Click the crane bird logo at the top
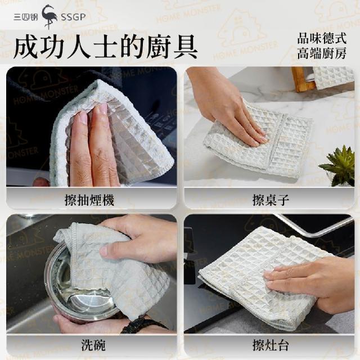click(49, 16)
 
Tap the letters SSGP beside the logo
click(73, 17)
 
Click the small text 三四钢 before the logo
click(25, 17)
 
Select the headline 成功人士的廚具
click(106, 47)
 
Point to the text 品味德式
click(322, 38)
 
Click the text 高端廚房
click(322, 53)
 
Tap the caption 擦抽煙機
click(89, 200)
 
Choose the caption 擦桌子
click(271, 200)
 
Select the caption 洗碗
click(93, 345)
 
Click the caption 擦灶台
click(271, 345)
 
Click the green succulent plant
click(337, 165)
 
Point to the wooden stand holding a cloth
click(301, 79)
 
